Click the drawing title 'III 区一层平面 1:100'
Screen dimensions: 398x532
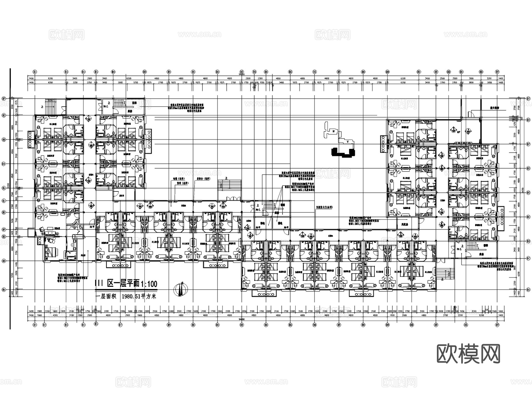[126, 284]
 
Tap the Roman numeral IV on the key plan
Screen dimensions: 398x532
[333, 131]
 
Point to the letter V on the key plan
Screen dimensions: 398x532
[348, 142]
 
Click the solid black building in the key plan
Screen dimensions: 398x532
[343, 152]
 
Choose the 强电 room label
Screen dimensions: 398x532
[280, 223]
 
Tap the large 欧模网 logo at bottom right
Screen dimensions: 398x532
[468, 353]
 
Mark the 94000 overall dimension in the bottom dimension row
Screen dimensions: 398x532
[242, 319]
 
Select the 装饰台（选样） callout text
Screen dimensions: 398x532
[202, 178]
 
